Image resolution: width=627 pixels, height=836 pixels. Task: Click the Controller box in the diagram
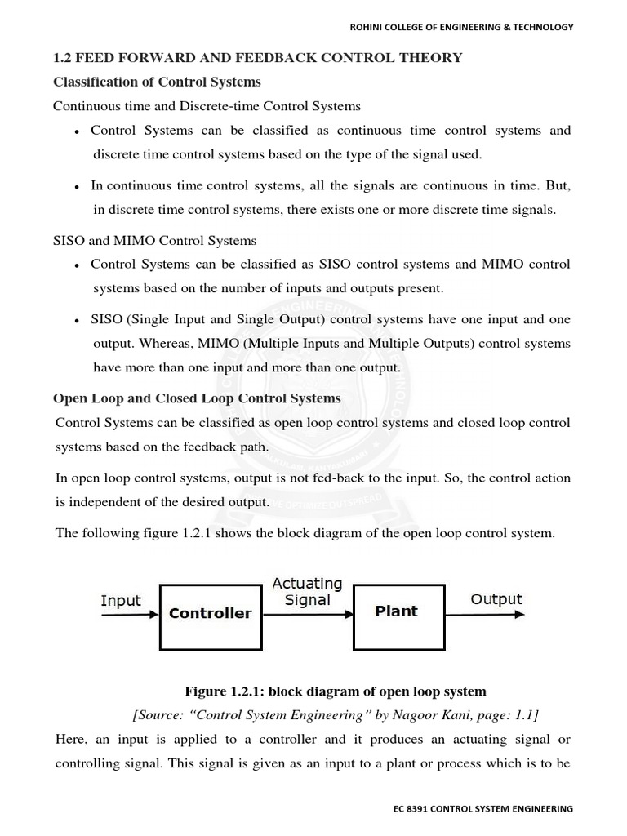pyautogui.click(x=210, y=612)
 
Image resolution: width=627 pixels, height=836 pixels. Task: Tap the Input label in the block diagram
pyautogui.click(x=120, y=600)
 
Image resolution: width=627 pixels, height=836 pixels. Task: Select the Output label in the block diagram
pyautogui.click(x=496, y=599)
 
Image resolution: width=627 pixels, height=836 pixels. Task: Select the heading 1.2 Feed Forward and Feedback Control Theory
pyautogui.click(x=257, y=57)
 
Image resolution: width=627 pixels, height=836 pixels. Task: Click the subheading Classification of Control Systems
pyautogui.click(x=157, y=82)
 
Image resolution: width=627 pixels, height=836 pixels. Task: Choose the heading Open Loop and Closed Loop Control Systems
pyautogui.click(x=197, y=398)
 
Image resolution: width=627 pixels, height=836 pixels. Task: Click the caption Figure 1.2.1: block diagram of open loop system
pyautogui.click(x=335, y=691)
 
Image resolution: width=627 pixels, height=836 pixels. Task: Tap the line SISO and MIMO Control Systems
pyautogui.click(x=154, y=240)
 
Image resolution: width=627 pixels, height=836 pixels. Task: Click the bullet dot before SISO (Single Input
pyautogui.click(x=76, y=321)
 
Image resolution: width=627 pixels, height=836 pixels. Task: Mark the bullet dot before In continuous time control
pyautogui.click(x=76, y=187)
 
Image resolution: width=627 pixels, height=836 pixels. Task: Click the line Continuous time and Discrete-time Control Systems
pyautogui.click(x=207, y=106)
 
